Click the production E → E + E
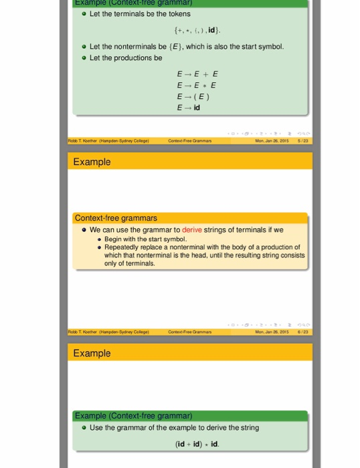(x=197, y=74)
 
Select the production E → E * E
(x=197, y=86)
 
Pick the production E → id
(x=189, y=108)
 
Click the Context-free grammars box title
(x=116, y=218)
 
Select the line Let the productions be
(x=126, y=58)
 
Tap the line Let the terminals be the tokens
(x=140, y=13)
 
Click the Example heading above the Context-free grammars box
(x=92, y=162)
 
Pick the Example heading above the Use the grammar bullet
(x=92, y=353)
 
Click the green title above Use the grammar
(x=134, y=416)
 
